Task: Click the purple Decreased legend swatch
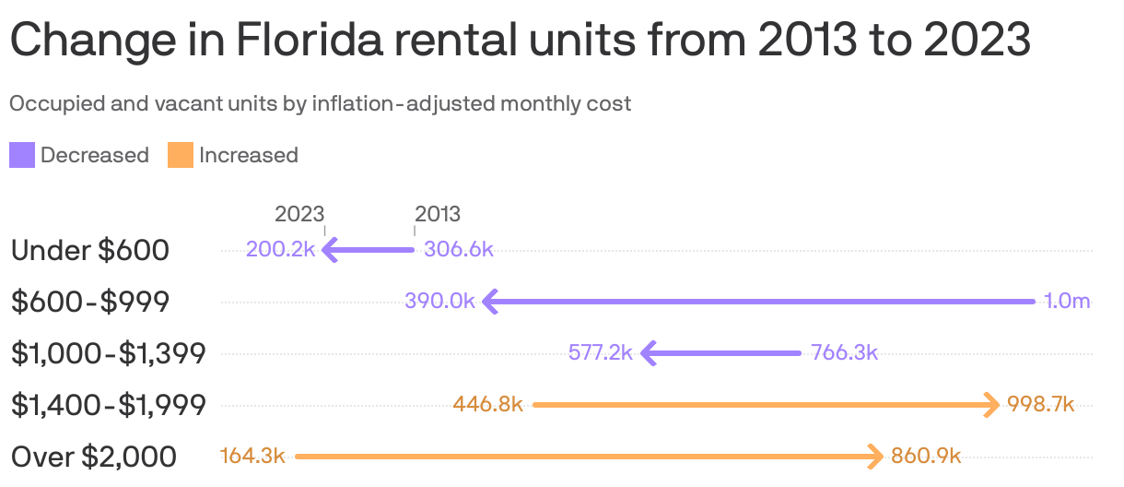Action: point(22,155)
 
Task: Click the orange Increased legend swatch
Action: point(181,155)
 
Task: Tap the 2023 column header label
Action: point(299,214)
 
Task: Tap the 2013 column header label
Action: point(438,214)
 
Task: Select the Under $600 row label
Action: point(89,250)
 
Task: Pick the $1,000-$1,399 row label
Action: point(108,353)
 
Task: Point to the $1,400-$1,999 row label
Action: point(108,405)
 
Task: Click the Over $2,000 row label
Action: point(93,457)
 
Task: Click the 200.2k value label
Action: point(281,249)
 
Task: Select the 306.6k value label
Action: point(459,249)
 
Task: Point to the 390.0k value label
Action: point(439,301)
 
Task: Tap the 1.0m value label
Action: point(1067,301)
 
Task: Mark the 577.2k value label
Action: point(600,352)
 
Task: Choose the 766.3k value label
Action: point(844,352)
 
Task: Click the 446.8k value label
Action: point(487,404)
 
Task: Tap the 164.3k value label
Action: point(252,456)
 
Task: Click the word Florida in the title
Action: point(300,41)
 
